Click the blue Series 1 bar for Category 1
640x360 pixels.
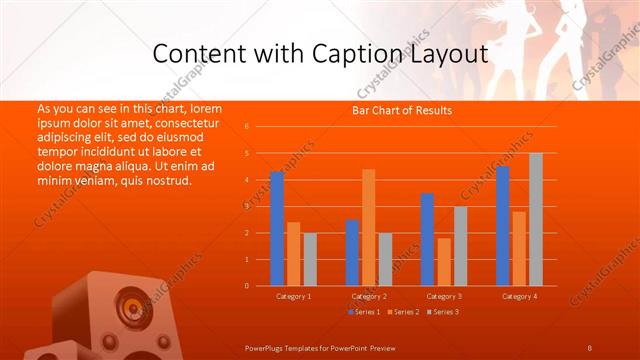click(x=277, y=229)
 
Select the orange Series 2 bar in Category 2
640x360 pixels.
click(x=368, y=228)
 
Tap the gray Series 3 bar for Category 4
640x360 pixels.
click(x=536, y=220)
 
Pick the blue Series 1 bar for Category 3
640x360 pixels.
click(x=427, y=240)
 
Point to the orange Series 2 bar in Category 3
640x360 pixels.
click(x=443, y=262)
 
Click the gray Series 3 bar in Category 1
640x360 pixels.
click(x=309, y=259)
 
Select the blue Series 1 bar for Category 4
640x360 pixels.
click(x=502, y=226)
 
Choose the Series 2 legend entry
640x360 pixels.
click(x=403, y=313)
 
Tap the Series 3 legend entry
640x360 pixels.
click(x=443, y=313)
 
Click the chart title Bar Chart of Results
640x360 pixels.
click(x=402, y=110)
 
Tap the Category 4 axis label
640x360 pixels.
click(x=519, y=296)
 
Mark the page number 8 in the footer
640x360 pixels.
click(x=589, y=347)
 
